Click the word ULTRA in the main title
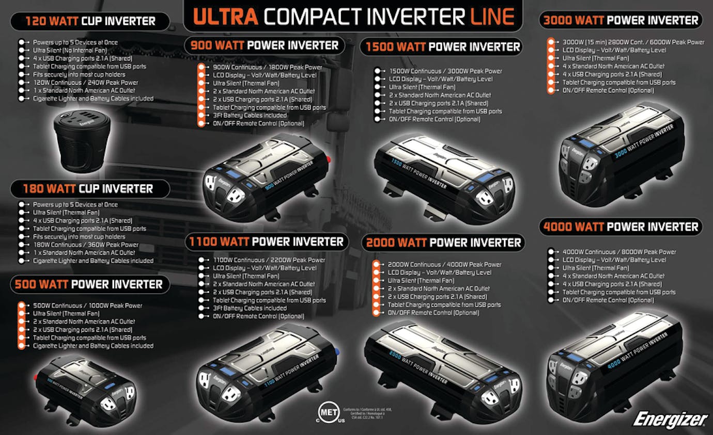click(225, 17)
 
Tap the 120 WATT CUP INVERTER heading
click(90, 21)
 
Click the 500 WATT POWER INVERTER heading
click(88, 284)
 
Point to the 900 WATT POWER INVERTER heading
click(265, 45)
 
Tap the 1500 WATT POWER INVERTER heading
click(442, 47)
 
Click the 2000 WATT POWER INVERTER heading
click(443, 243)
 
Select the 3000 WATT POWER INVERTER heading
click(620, 21)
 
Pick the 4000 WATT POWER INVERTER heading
click(621, 227)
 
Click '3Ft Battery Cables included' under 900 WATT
click(250, 116)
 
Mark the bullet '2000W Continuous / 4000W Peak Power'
click(444, 265)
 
